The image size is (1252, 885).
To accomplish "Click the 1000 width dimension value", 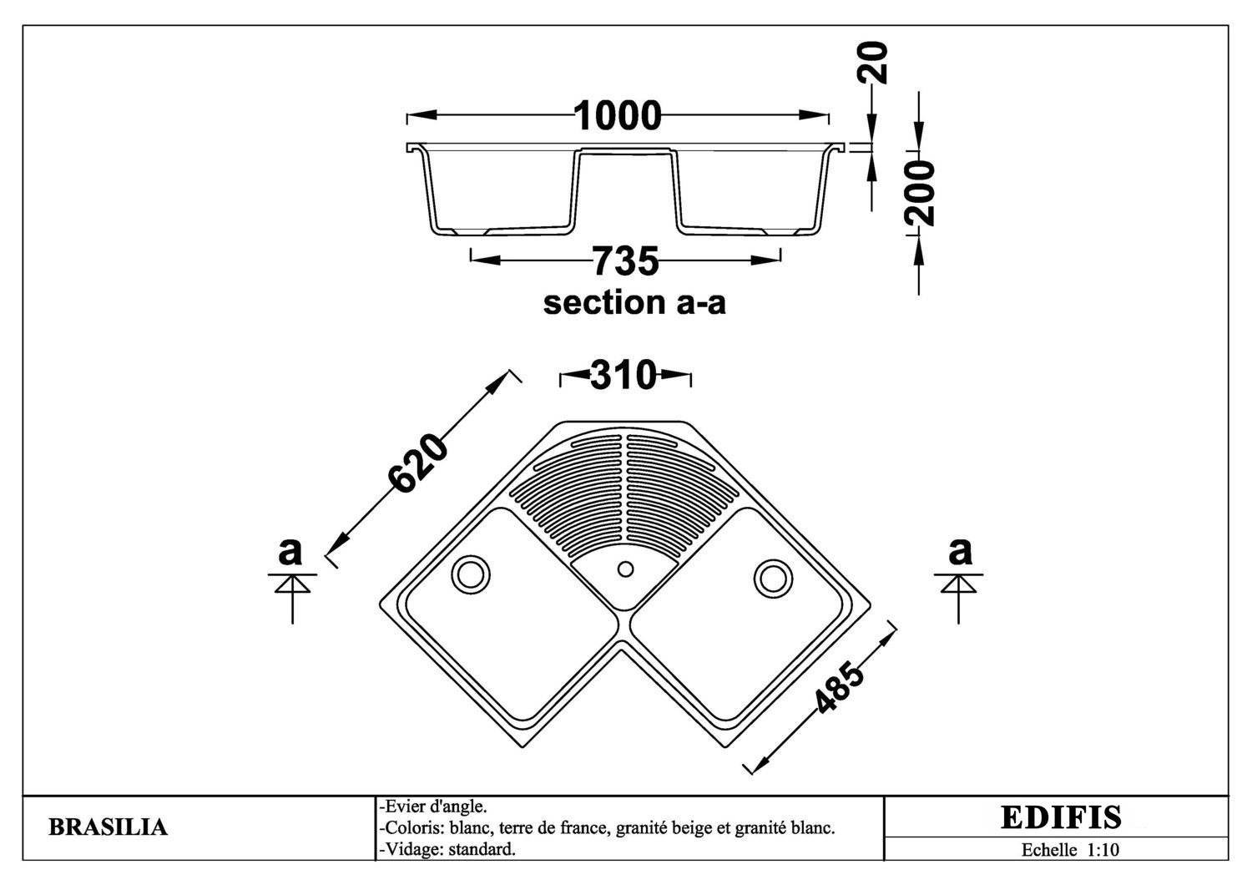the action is [x=617, y=116].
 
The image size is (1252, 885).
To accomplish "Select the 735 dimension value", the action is [x=625, y=261].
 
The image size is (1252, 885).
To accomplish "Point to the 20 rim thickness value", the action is [x=873, y=63].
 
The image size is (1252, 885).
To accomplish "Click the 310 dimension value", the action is [x=623, y=375].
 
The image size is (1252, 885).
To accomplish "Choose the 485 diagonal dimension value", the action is [x=839, y=688].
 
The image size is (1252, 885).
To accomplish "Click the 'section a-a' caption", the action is [x=634, y=302].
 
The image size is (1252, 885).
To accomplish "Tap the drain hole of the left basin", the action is [x=471, y=574].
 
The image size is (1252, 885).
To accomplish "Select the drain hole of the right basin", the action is [x=773, y=578].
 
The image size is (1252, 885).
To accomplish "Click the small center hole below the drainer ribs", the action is [x=625, y=569].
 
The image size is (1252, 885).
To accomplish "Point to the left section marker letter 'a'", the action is [x=290, y=551].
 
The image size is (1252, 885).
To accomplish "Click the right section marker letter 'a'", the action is [x=960, y=551].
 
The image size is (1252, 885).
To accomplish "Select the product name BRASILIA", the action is [x=108, y=827].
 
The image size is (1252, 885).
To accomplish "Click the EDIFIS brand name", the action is [x=1061, y=818].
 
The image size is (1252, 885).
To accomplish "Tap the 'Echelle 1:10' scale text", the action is [x=1070, y=850].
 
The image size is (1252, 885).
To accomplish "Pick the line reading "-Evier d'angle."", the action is [x=433, y=807].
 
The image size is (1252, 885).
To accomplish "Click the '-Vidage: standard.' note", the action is [x=447, y=850].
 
